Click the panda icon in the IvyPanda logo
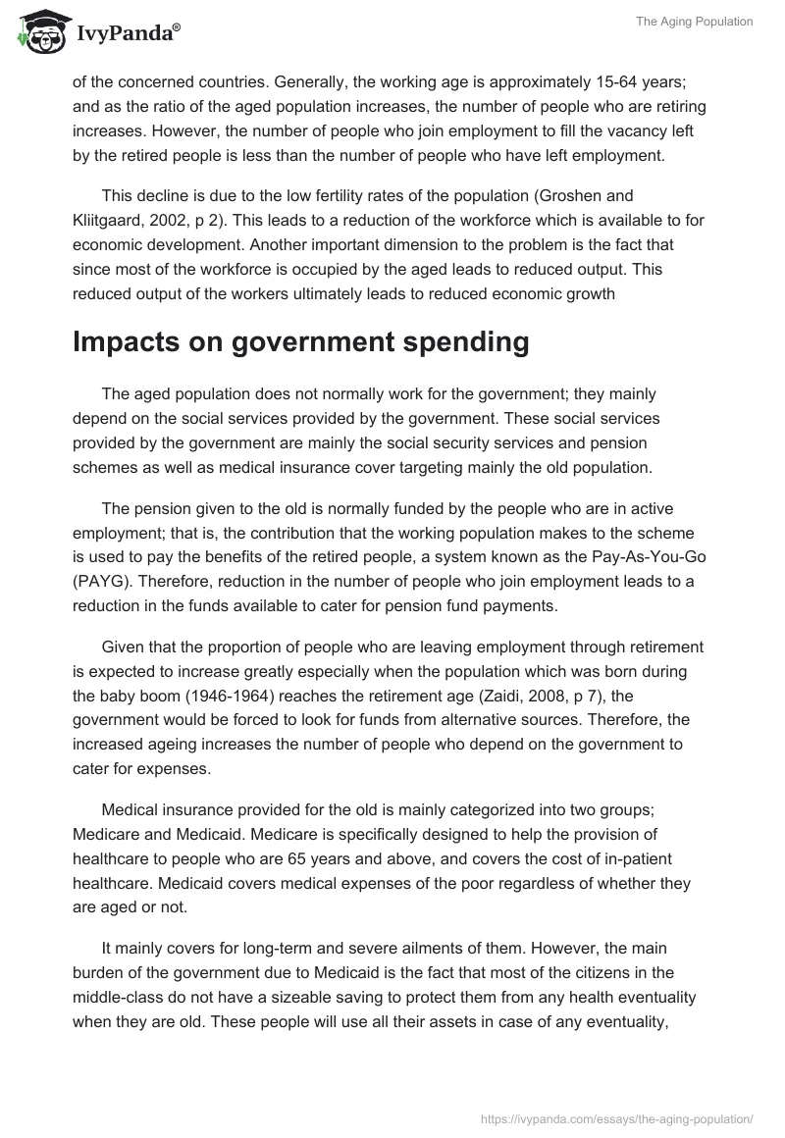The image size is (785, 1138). [39, 34]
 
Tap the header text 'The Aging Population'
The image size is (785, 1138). [694, 22]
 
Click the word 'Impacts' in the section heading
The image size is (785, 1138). [133, 341]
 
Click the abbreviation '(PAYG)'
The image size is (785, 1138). [105, 582]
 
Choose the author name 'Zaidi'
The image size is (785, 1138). [504, 697]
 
